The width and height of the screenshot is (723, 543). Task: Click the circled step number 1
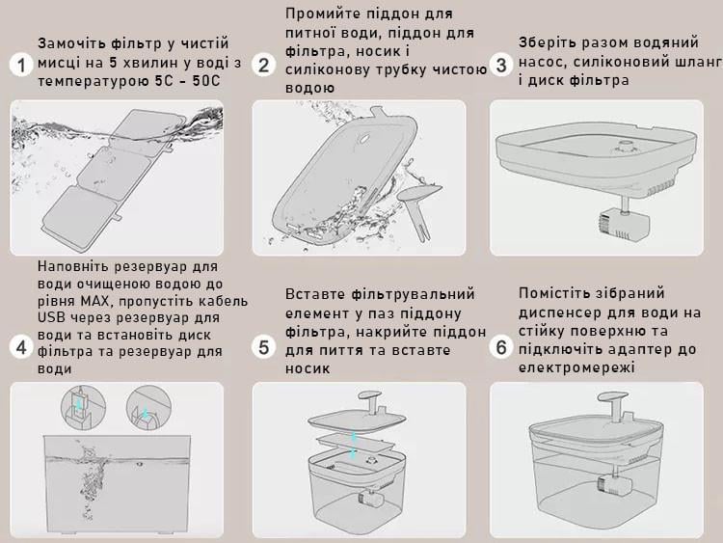[x=19, y=65]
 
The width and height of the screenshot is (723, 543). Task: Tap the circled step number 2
[x=263, y=65]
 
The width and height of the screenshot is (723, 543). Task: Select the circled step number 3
[x=500, y=65]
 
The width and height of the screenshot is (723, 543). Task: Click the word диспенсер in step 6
[x=560, y=312]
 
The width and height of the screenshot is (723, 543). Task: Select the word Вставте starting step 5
[x=314, y=294]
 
